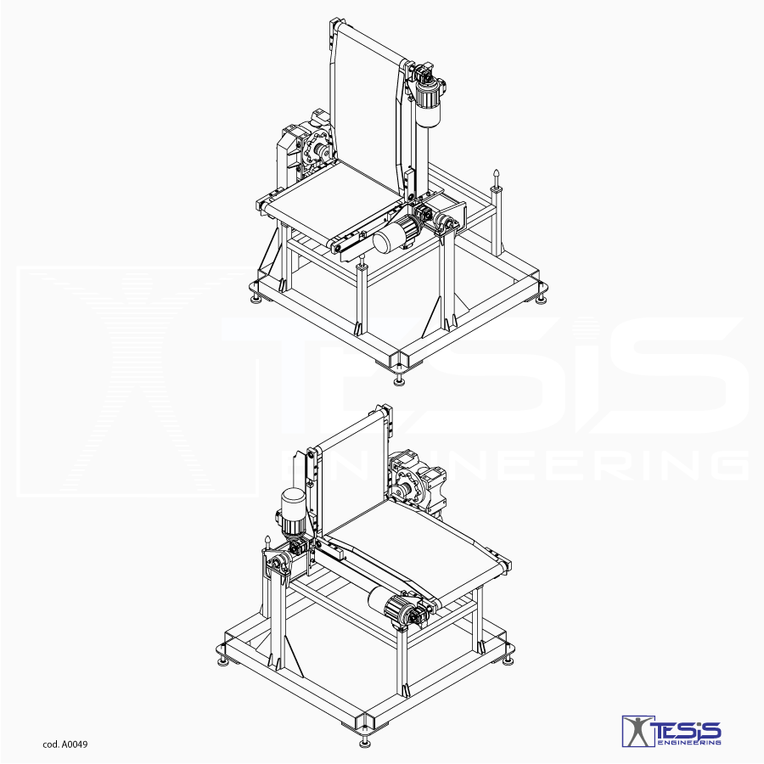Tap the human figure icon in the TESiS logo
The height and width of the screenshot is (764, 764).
point(638,731)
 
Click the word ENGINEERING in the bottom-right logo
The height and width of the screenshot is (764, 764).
point(689,743)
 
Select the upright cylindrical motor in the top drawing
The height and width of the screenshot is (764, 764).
point(429,103)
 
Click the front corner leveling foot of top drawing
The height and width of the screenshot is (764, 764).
point(401,379)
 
